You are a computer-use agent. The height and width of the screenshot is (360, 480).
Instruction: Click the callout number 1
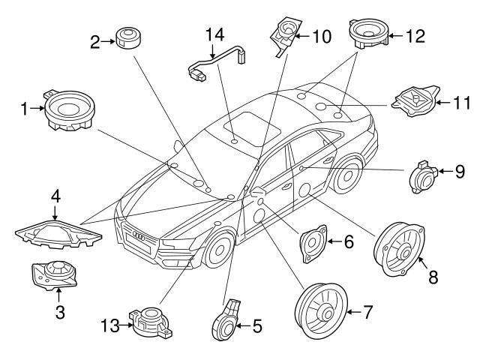23,109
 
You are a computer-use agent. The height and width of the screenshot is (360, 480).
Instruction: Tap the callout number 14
215,34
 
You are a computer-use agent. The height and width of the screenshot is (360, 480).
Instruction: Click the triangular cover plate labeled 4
58,232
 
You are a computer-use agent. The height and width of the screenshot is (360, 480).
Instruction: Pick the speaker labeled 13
152,319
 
